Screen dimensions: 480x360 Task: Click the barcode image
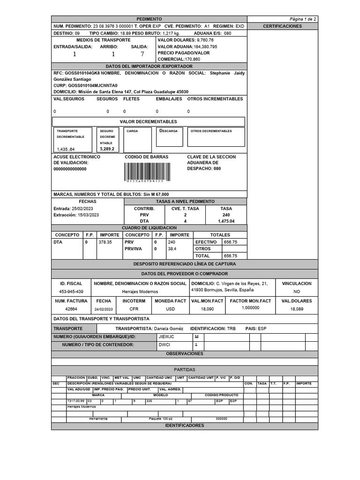pos(144,172)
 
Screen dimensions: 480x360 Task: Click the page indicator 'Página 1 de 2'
pos(303,19)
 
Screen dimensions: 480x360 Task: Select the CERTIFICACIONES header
pos(282,26)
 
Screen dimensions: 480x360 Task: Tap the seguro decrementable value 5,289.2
pos(107,149)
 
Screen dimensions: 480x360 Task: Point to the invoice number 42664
pos(71,309)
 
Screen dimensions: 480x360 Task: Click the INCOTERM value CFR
pos(134,309)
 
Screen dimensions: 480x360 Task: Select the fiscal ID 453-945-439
pos(71,292)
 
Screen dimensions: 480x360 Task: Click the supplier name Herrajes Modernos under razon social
pos(140,292)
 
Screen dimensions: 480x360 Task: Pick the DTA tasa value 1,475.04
pos(226,221)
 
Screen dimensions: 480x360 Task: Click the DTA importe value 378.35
pos(105,242)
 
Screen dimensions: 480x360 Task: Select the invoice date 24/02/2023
pos(104,309)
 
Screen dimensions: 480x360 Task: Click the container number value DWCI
pos(164,345)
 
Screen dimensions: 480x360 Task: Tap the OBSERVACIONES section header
pos(185,353)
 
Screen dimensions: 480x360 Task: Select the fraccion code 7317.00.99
pos(75,401)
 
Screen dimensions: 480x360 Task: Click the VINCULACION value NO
pos(296,292)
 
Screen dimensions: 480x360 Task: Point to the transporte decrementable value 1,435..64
pos(66,149)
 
